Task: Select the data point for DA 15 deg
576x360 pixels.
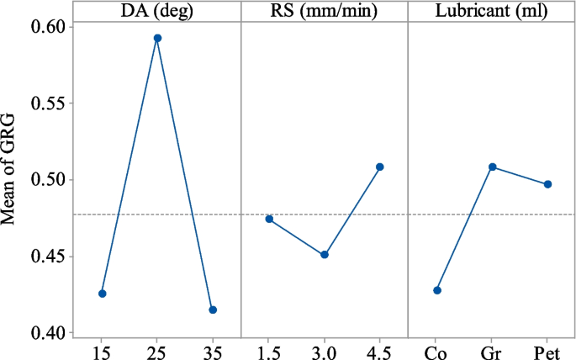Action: point(103,294)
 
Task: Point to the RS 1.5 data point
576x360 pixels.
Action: point(269,219)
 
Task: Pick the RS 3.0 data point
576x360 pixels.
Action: point(325,254)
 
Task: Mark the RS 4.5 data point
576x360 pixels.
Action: point(380,167)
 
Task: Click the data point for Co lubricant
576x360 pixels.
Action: point(437,290)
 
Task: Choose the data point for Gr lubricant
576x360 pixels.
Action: point(493,167)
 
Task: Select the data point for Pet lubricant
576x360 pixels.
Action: point(548,184)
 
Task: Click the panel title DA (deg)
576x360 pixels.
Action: point(157,13)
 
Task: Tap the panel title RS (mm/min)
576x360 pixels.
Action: point(325,13)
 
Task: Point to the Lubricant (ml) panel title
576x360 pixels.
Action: point(492,13)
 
